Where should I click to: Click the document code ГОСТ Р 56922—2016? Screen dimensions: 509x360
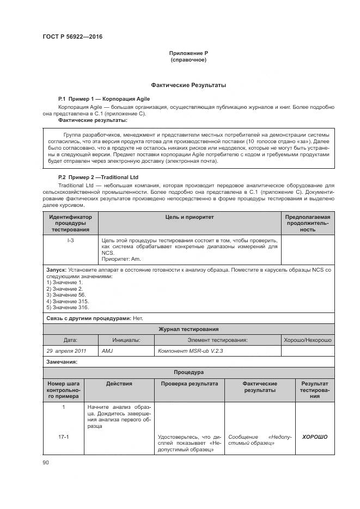tap(72, 36)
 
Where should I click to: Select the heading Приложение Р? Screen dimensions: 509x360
tap(188, 53)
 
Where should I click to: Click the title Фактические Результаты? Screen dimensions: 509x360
tap(188, 85)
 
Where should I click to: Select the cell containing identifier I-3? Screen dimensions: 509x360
tap(70, 240)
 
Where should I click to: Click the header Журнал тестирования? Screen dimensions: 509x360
tap(188, 329)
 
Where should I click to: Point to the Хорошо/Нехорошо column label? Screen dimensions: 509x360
tap(307, 340)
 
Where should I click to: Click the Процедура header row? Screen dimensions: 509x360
tap(188, 372)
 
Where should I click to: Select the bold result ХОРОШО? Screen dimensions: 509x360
tap(315, 437)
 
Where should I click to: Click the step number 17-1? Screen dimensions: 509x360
tap(64, 437)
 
